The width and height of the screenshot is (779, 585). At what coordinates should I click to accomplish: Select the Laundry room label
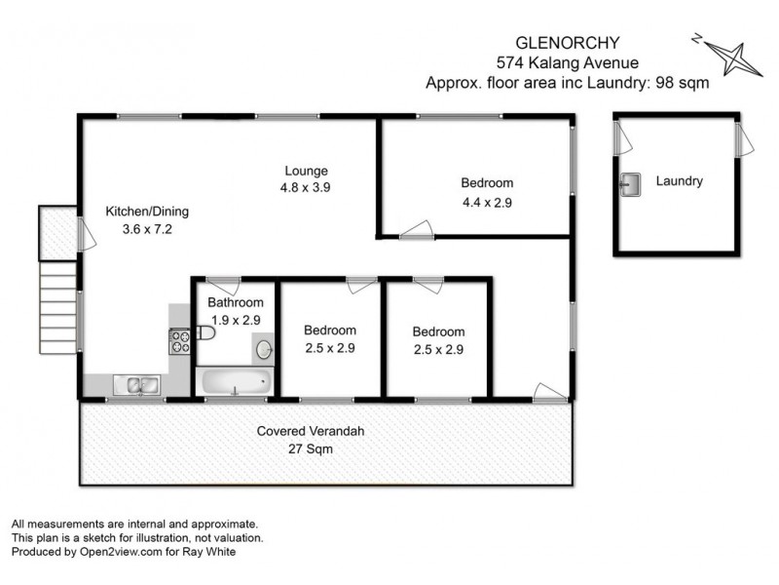coord(679,180)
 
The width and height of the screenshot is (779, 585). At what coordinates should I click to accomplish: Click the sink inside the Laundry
coord(629,183)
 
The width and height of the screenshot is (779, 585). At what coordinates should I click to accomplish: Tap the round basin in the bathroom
coord(263,348)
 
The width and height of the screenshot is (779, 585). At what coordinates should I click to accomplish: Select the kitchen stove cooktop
coord(180,341)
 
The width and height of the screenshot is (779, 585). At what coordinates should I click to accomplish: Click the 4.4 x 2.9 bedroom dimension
coord(486,203)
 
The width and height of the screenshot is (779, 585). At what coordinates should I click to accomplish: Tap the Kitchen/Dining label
coord(147,211)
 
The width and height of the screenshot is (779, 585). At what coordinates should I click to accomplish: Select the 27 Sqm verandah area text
coord(310,448)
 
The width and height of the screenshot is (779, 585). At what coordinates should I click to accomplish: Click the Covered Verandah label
coord(310,431)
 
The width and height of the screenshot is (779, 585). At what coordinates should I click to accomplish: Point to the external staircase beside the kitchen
coord(57,310)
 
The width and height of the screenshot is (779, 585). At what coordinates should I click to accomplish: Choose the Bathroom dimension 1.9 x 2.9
coord(234,319)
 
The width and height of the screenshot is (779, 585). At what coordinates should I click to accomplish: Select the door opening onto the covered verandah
coord(549,392)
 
